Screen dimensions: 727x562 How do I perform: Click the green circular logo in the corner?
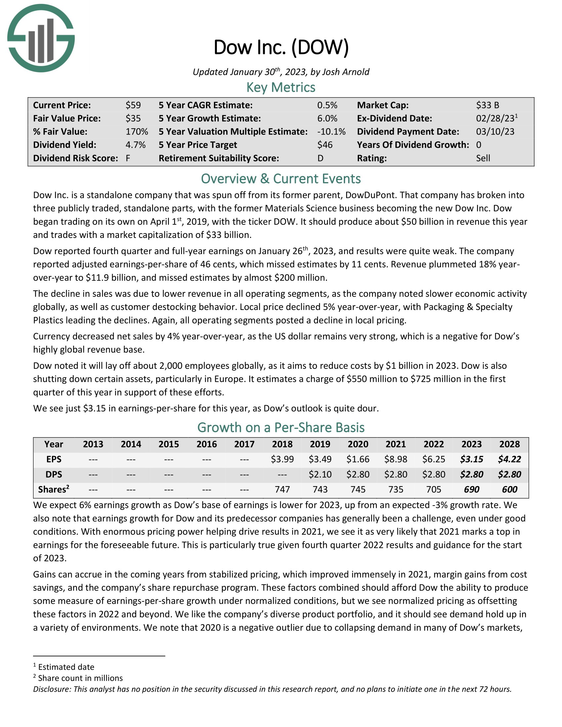[41, 38]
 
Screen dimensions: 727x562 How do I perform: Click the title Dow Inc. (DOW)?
[281, 47]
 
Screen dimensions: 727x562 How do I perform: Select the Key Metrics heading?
[281, 87]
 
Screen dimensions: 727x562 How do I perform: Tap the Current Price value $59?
[133, 105]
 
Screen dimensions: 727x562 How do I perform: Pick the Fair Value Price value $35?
[133, 119]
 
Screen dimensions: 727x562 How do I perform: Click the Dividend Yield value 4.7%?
[136, 145]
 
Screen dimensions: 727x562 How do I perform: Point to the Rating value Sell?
[483, 158]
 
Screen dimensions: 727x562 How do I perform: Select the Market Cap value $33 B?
[487, 105]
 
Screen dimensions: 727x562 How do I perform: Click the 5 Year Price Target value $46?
[325, 145]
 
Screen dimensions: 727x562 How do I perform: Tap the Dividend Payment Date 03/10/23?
[495, 132]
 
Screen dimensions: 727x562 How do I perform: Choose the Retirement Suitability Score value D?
[320, 158]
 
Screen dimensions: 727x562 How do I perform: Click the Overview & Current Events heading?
[281, 179]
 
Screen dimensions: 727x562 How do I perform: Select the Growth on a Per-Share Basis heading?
[281, 427]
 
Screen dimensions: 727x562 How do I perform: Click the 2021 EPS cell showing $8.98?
[395, 459]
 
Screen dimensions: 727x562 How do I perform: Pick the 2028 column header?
[509, 444]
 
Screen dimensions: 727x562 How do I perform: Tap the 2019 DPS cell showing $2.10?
[320, 474]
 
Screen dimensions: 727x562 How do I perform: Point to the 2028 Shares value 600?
[509, 489]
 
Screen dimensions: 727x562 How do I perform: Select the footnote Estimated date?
[66, 667]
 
